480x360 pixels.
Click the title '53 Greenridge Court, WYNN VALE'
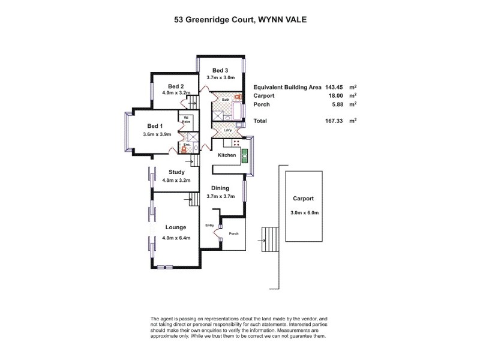pos(239,19)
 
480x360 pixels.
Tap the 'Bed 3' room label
pos(221,70)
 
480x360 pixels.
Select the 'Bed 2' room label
pos(175,86)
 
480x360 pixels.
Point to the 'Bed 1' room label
pos(155,126)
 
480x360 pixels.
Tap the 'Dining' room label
pos(220,188)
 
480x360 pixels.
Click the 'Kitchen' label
pos(227,155)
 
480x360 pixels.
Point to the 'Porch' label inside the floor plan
pos(234,234)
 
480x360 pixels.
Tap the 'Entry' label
pos(209,226)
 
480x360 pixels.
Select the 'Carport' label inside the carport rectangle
pos(304,198)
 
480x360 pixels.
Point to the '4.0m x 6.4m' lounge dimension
pos(176,238)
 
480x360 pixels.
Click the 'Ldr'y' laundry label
pos(227,130)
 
